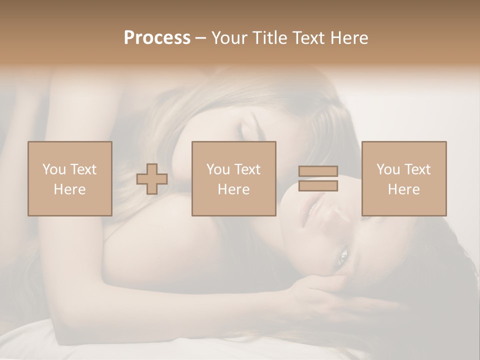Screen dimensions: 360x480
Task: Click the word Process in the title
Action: pos(157,38)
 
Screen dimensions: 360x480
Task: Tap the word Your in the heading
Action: pos(230,38)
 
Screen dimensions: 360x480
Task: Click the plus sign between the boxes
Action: pos(152,179)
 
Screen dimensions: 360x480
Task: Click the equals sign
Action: pos(318,179)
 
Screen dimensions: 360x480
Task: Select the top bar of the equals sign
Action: pos(318,171)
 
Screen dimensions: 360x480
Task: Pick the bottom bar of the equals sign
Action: pos(318,186)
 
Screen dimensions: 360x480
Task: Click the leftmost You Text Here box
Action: pos(70,178)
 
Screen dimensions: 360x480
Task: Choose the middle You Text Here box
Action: pos(234,178)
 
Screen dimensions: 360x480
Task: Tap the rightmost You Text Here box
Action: pos(404,178)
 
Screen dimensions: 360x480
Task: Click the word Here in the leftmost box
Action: pos(70,189)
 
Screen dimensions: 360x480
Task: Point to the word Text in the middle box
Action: pos(247,169)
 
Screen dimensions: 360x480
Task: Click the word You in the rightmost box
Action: pos(388,169)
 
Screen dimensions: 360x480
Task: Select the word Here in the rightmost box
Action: pos(404,189)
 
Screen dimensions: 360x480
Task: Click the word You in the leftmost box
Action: pos(54,169)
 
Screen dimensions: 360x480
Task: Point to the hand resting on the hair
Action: pos(320,295)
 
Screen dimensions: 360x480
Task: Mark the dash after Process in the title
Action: pos(200,38)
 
